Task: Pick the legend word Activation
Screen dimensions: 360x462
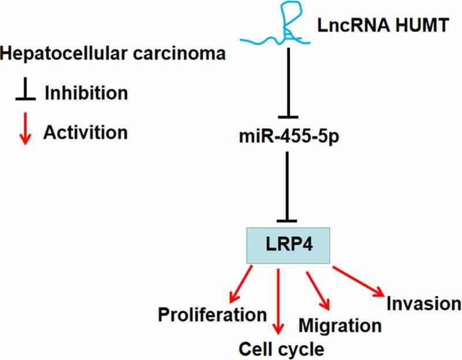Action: [85, 132]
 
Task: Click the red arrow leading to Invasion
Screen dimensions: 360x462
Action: [358, 284]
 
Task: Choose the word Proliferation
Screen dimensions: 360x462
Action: [213, 316]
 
